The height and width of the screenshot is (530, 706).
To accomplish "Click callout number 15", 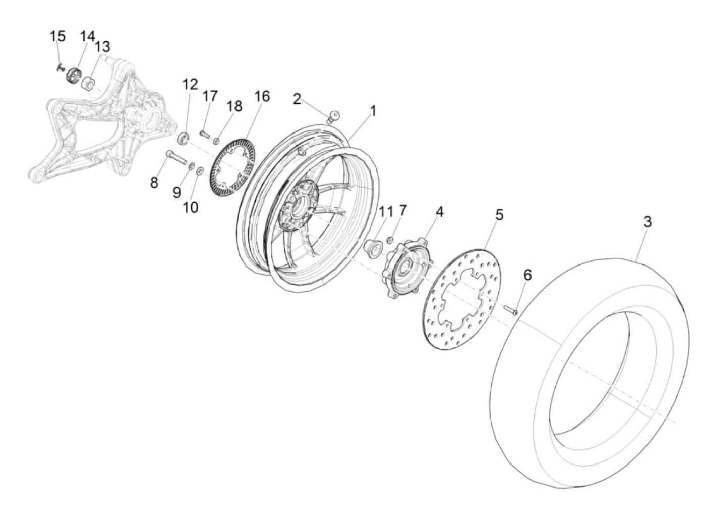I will click(57, 37).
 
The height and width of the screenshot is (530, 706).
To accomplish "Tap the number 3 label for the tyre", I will click(647, 222).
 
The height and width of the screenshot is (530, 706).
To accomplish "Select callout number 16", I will click(262, 96).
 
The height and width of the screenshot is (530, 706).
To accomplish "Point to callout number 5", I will click(499, 215).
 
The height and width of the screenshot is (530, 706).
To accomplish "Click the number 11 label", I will click(386, 211).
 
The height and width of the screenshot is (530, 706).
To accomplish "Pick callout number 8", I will click(154, 182).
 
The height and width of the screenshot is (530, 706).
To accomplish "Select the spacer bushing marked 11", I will click(372, 248).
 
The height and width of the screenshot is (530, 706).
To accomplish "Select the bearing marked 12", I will click(184, 138).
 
